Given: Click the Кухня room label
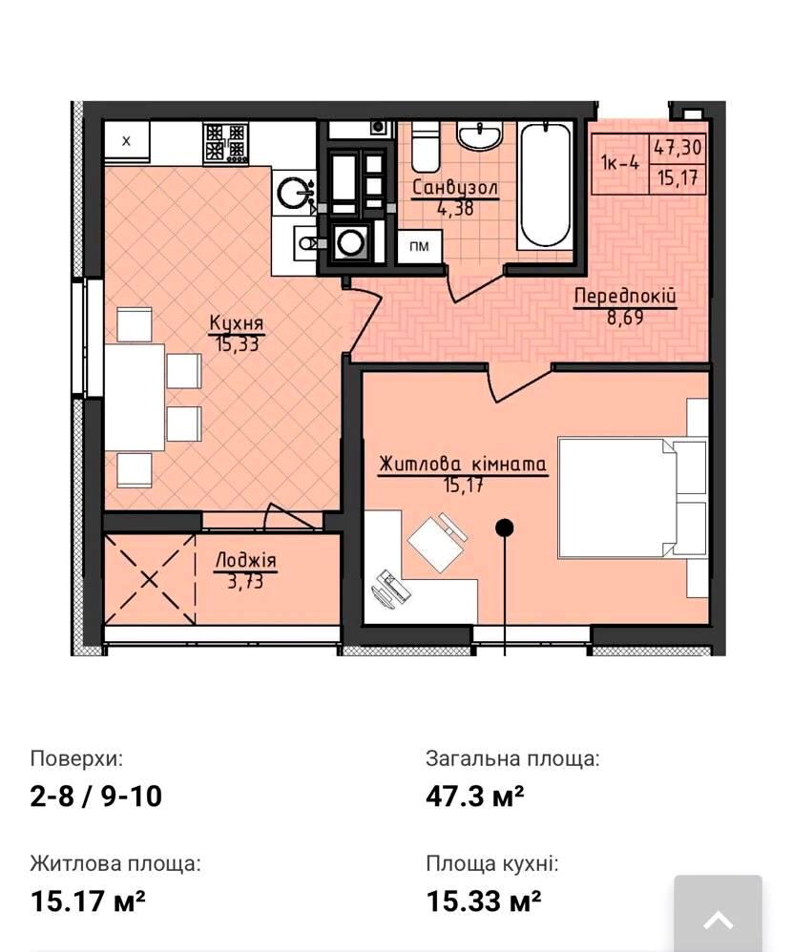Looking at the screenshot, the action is click(237, 322).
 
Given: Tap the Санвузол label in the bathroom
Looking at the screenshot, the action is click(455, 187).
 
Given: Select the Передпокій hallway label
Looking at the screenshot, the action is click(625, 297).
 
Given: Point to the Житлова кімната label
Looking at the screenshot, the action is click(463, 465).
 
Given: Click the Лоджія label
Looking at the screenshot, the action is click(245, 560).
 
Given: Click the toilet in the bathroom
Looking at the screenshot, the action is click(426, 146).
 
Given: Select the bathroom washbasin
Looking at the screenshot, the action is click(480, 135).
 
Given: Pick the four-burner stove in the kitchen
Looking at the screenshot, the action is click(226, 143).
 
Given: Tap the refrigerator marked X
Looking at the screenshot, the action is click(127, 142).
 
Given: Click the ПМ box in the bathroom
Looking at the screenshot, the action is click(419, 246).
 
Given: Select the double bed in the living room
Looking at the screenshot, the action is click(632, 497).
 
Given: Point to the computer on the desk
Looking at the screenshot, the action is click(386, 587).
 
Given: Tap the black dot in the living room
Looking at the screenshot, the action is click(504, 528).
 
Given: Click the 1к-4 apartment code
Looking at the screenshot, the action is click(620, 163).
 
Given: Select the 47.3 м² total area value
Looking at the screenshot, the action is click(475, 796).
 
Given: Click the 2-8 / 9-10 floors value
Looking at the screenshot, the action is click(96, 796).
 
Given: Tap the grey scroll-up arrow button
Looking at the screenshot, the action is click(718, 913).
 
